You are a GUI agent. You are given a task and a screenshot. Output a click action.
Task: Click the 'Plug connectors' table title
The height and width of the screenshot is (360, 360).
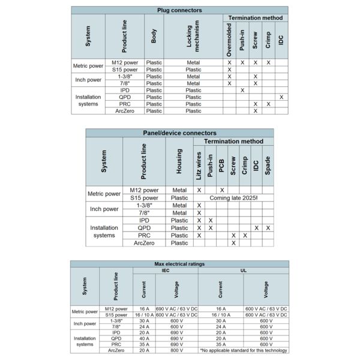(179, 10)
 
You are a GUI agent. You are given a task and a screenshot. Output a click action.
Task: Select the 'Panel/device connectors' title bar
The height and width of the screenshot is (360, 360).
(179, 133)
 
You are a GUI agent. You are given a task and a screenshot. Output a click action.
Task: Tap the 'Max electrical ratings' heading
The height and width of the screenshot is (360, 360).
(179, 264)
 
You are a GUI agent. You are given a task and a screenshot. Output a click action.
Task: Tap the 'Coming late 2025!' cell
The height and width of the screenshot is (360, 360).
(233, 197)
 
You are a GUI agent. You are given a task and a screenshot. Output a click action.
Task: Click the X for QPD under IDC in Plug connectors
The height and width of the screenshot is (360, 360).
(281, 97)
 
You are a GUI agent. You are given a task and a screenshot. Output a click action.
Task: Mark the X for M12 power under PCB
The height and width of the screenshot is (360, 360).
(222, 190)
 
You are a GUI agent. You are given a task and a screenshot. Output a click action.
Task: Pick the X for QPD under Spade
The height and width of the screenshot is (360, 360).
(268, 228)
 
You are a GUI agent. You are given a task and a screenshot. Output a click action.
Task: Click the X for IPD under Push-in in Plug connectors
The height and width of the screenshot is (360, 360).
(242, 90)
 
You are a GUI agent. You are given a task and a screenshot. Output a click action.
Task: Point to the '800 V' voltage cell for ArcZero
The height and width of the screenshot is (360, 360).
(176, 350)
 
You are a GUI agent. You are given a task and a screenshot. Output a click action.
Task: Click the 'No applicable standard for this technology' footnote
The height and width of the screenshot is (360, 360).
(244, 350)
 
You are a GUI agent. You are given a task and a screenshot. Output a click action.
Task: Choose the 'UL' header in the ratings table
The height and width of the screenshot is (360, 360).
(244, 271)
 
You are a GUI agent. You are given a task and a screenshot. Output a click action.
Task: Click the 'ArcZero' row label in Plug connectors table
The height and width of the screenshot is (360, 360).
(124, 111)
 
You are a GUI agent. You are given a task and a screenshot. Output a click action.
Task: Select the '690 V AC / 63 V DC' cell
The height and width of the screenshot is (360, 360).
(176, 308)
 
